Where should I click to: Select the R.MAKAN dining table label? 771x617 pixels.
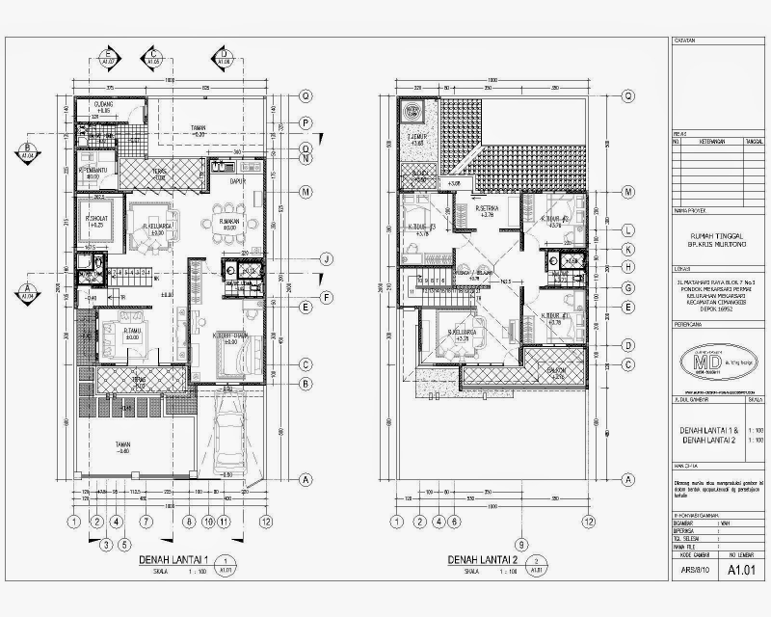click(x=228, y=222)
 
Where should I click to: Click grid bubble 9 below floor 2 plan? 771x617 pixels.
click(x=520, y=542)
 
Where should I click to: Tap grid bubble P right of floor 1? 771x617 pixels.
click(x=304, y=122)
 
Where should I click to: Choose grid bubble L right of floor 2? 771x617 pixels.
click(x=627, y=229)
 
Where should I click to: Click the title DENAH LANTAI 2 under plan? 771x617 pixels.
click(x=484, y=560)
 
